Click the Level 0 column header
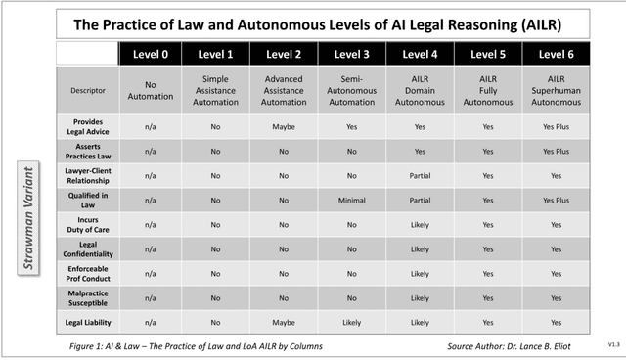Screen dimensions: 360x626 [151, 54]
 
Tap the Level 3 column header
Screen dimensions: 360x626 [353, 54]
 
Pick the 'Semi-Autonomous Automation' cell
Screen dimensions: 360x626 [353, 90]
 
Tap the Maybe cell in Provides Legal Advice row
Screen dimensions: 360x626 [286, 126]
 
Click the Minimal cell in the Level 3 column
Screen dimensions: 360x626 [353, 200]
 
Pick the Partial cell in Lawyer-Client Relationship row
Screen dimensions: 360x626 [421, 175]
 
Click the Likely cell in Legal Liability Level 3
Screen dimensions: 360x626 [353, 322]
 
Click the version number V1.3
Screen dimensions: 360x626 [612, 344]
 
